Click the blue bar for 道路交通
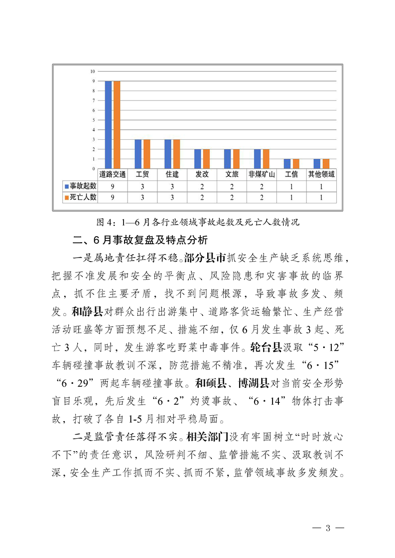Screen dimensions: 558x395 pyautogui.click(x=108, y=124)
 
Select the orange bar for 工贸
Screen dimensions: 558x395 pyautogui.click(x=146, y=154)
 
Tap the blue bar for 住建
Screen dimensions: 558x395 pyautogui.click(x=168, y=154)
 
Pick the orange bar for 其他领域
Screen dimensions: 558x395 pyautogui.click(x=326, y=164)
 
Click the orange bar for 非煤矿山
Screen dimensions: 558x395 pyautogui.click(x=266, y=159)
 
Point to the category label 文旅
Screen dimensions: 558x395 pyautogui.click(x=232, y=174)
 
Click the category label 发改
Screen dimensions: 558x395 pyautogui.click(x=202, y=174)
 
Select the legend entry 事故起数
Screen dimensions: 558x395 pyautogui.click(x=81, y=186)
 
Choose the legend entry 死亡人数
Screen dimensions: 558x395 pyautogui.click(x=81, y=197)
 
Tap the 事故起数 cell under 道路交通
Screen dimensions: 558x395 pyautogui.click(x=113, y=186)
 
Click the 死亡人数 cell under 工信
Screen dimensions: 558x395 pyautogui.click(x=291, y=197)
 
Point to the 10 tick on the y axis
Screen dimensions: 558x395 pyautogui.click(x=93, y=72)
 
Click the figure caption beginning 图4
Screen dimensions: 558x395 pyautogui.click(x=198, y=222)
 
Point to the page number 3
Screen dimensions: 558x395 pyautogui.click(x=327, y=528)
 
